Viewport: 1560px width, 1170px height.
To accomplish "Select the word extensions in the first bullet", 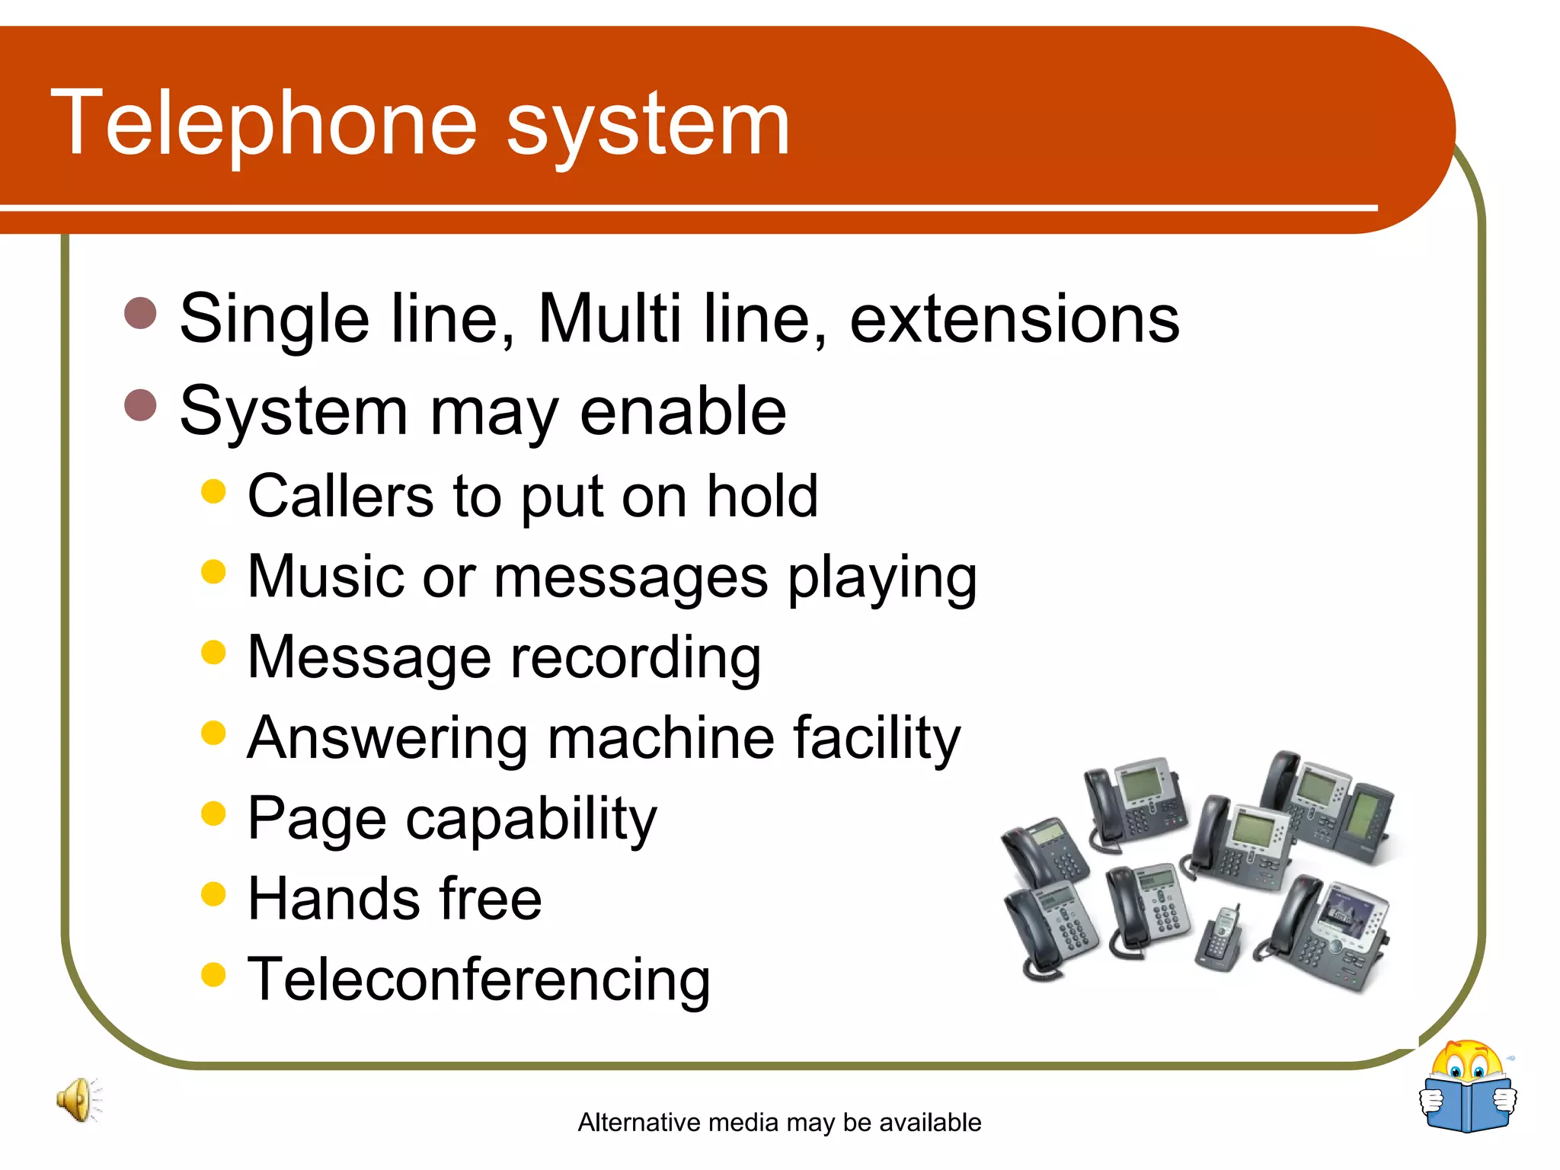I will (x=1014, y=318).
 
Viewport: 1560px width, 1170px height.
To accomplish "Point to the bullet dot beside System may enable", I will (x=140, y=404).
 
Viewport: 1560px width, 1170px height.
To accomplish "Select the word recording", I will (x=635, y=658).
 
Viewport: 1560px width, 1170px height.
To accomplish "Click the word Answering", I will (x=387, y=739).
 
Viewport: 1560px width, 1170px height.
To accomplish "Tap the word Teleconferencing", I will (x=478, y=980).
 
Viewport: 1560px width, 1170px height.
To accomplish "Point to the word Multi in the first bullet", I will (x=609, y=318).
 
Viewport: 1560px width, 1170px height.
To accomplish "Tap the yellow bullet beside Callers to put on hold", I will (x=214, y=491).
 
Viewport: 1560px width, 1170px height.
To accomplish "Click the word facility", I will (x=876, y=739).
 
